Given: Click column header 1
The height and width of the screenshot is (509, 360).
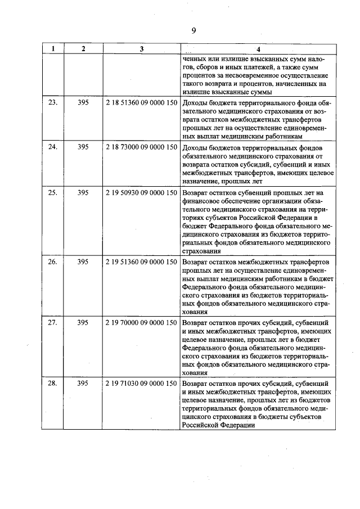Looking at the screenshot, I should [x=53, y=49].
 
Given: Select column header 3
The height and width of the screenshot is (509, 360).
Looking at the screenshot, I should [x=141, y=49].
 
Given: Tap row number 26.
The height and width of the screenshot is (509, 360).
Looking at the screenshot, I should [x=53, y=262].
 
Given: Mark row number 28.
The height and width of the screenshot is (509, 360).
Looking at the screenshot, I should [x=53, y=383].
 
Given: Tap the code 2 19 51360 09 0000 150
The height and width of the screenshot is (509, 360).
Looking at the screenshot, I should [x=141, y=262].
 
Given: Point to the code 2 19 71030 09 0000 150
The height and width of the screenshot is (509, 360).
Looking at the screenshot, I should [x=141, y=383].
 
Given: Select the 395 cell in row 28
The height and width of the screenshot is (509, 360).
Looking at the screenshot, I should [x=83, y=383].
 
